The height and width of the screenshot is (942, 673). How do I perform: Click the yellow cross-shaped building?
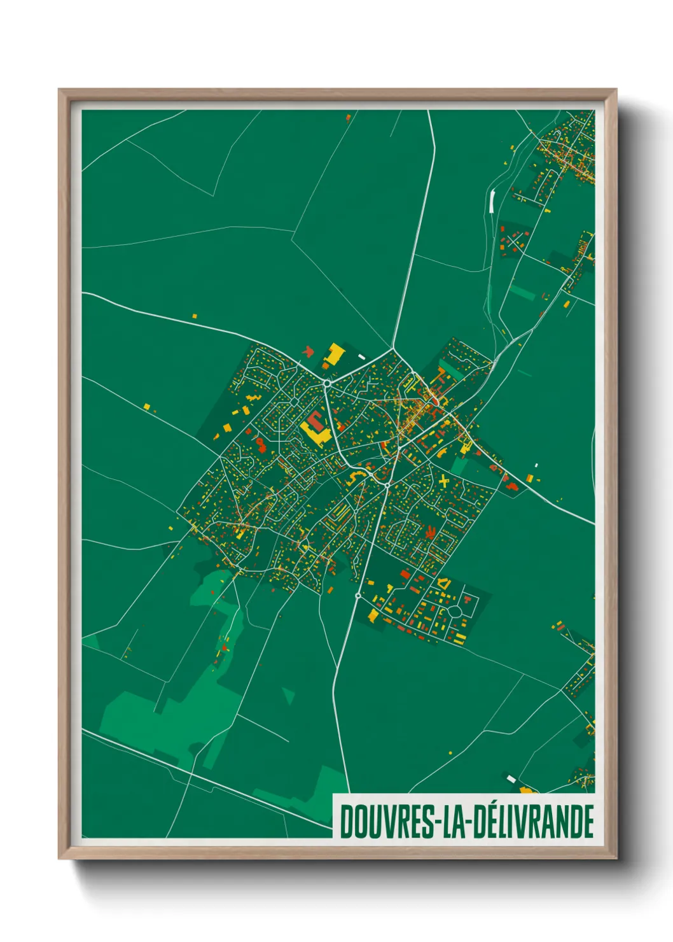444,481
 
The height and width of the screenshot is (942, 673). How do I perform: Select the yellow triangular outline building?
445,582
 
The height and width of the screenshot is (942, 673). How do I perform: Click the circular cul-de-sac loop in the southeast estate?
455,612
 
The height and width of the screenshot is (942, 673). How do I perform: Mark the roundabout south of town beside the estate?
358,596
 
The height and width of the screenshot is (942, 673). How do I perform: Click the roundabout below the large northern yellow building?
326,383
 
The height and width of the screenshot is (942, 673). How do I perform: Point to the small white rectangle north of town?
362,357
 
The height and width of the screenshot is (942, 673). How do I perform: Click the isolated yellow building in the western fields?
146,405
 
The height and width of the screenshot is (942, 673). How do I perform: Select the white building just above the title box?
511,778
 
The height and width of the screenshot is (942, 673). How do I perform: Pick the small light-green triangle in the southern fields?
289,695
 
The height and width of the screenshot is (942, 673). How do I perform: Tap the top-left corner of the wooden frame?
61,92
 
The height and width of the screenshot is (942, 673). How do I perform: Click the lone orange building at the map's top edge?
348,117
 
